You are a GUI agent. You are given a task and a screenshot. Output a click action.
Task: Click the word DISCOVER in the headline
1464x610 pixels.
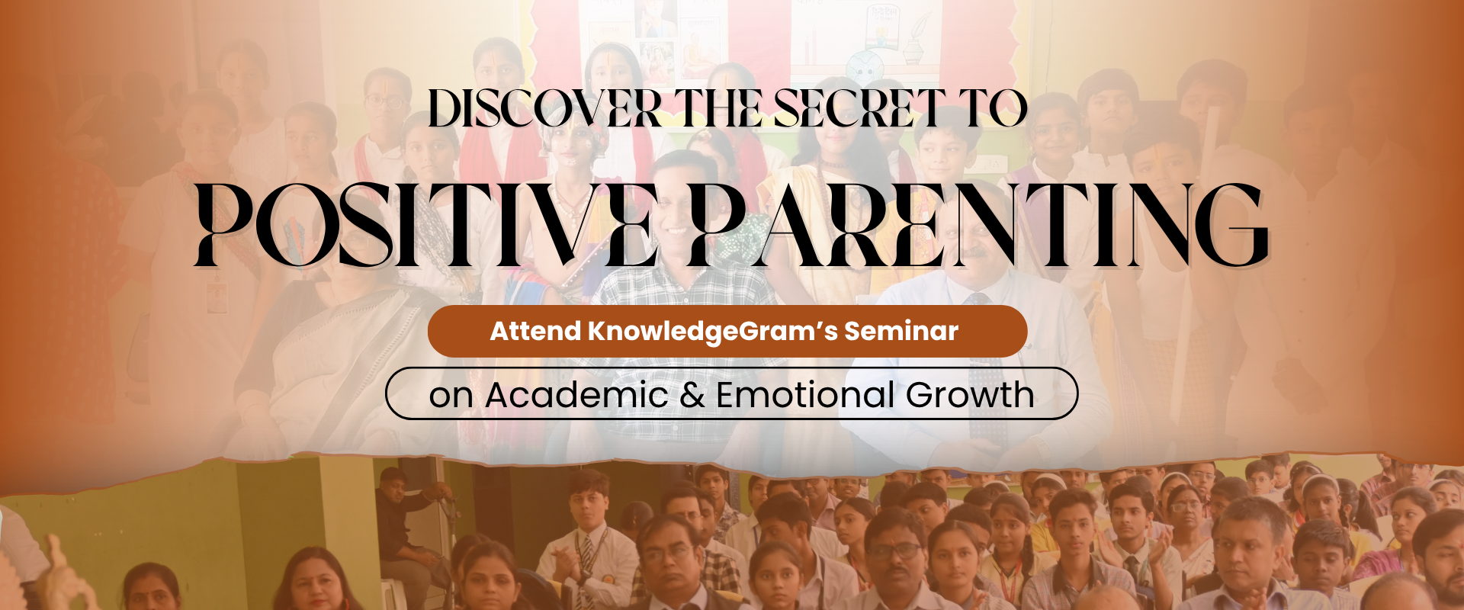(x=545, y=109)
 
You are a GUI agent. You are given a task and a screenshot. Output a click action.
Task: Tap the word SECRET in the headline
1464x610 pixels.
(x=859, y=109)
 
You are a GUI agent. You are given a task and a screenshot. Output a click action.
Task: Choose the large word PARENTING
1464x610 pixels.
(x=978, y=225)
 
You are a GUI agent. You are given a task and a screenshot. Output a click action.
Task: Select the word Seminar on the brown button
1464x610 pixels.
(x=901, y=331)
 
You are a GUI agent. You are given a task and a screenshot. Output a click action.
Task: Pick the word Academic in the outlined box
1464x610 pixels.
(x=577, y=395)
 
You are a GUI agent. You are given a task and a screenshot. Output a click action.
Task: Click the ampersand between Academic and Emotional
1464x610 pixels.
(x=692, y=396)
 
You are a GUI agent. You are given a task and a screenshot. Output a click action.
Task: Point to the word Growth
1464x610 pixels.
(x=970, y=396)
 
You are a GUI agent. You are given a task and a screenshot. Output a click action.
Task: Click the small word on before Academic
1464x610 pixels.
(x=451, y=397)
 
